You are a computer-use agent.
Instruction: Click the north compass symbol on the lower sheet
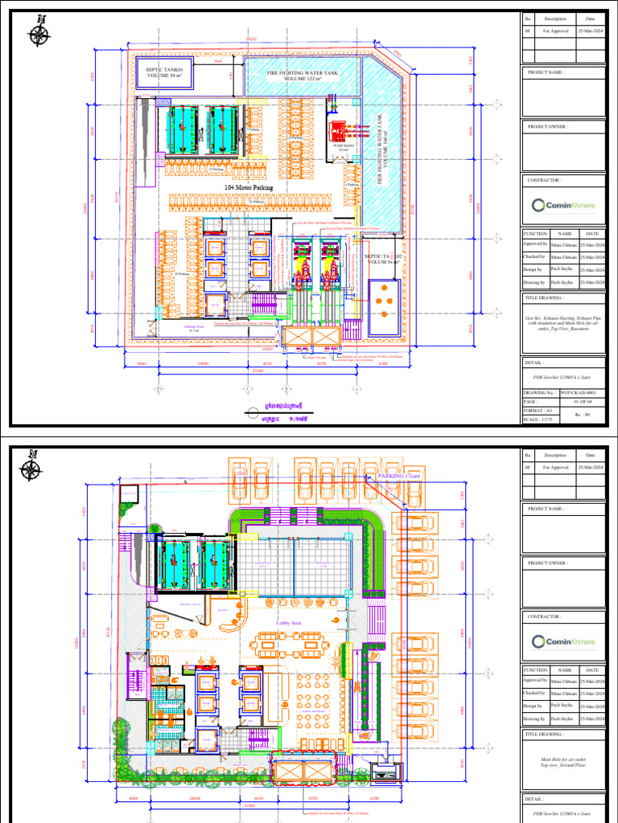(x=34, y=466)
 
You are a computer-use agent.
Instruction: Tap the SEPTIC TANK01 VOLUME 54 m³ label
(x=169, y=74)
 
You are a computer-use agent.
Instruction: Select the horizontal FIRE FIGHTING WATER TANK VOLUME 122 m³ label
(x=295, y=76)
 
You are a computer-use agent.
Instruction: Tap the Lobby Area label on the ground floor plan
(x=288, y=622)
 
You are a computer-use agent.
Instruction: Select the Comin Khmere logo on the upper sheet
(x=564, y=205)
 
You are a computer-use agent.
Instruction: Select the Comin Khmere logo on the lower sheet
(x=564, y=641)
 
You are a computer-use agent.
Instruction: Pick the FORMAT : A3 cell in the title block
(x=541, y=411)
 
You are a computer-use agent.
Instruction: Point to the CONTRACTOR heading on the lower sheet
(x=544, y=616)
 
